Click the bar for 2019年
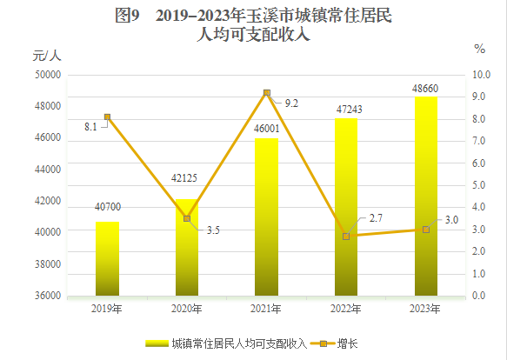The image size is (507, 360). point(107,258)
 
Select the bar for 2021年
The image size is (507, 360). point(266,217)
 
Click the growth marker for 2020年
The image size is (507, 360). point(187,218)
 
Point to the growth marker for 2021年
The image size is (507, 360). point(266,93)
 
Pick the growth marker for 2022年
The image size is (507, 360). point(346,236)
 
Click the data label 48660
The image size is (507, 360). point(425,88)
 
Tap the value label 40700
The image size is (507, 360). point(107,207)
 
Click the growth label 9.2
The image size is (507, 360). point(291,103)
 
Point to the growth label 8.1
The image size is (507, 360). point(90,126)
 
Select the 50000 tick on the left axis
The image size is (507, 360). point(47,75)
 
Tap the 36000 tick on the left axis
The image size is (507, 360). point(47,296)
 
